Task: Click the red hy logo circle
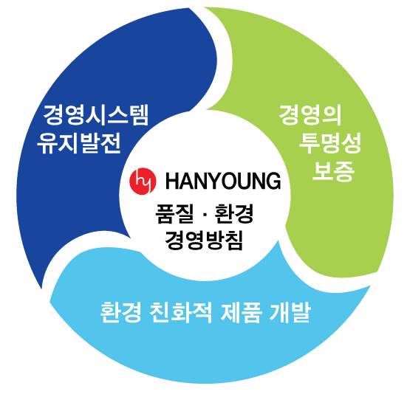click(x=143, y=181)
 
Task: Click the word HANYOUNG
click(x=223, y=181)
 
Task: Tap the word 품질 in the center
click(x=174, y=214)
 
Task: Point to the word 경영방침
click(x=204, y=240)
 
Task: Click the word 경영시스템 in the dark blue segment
click(x=95, y=115)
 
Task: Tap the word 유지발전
click(x=79, y=143)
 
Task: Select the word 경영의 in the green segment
click(x=310, y=115)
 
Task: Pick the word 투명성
click(x=330, y=143)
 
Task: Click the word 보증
click(x=333, y=171)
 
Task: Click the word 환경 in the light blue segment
click(x=121, y=312)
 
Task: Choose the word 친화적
click(x=181, y=312)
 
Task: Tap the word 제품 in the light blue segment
click(x=241, y=312)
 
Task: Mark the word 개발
click(x=290, y=312)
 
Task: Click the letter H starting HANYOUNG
click(x=172, y=181)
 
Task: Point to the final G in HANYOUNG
click(x=273, y=181)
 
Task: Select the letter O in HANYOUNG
click(x=230, y=181)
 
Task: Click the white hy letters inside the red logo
click(x=143, y=181)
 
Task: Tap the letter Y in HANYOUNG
click(x=215, y=181)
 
